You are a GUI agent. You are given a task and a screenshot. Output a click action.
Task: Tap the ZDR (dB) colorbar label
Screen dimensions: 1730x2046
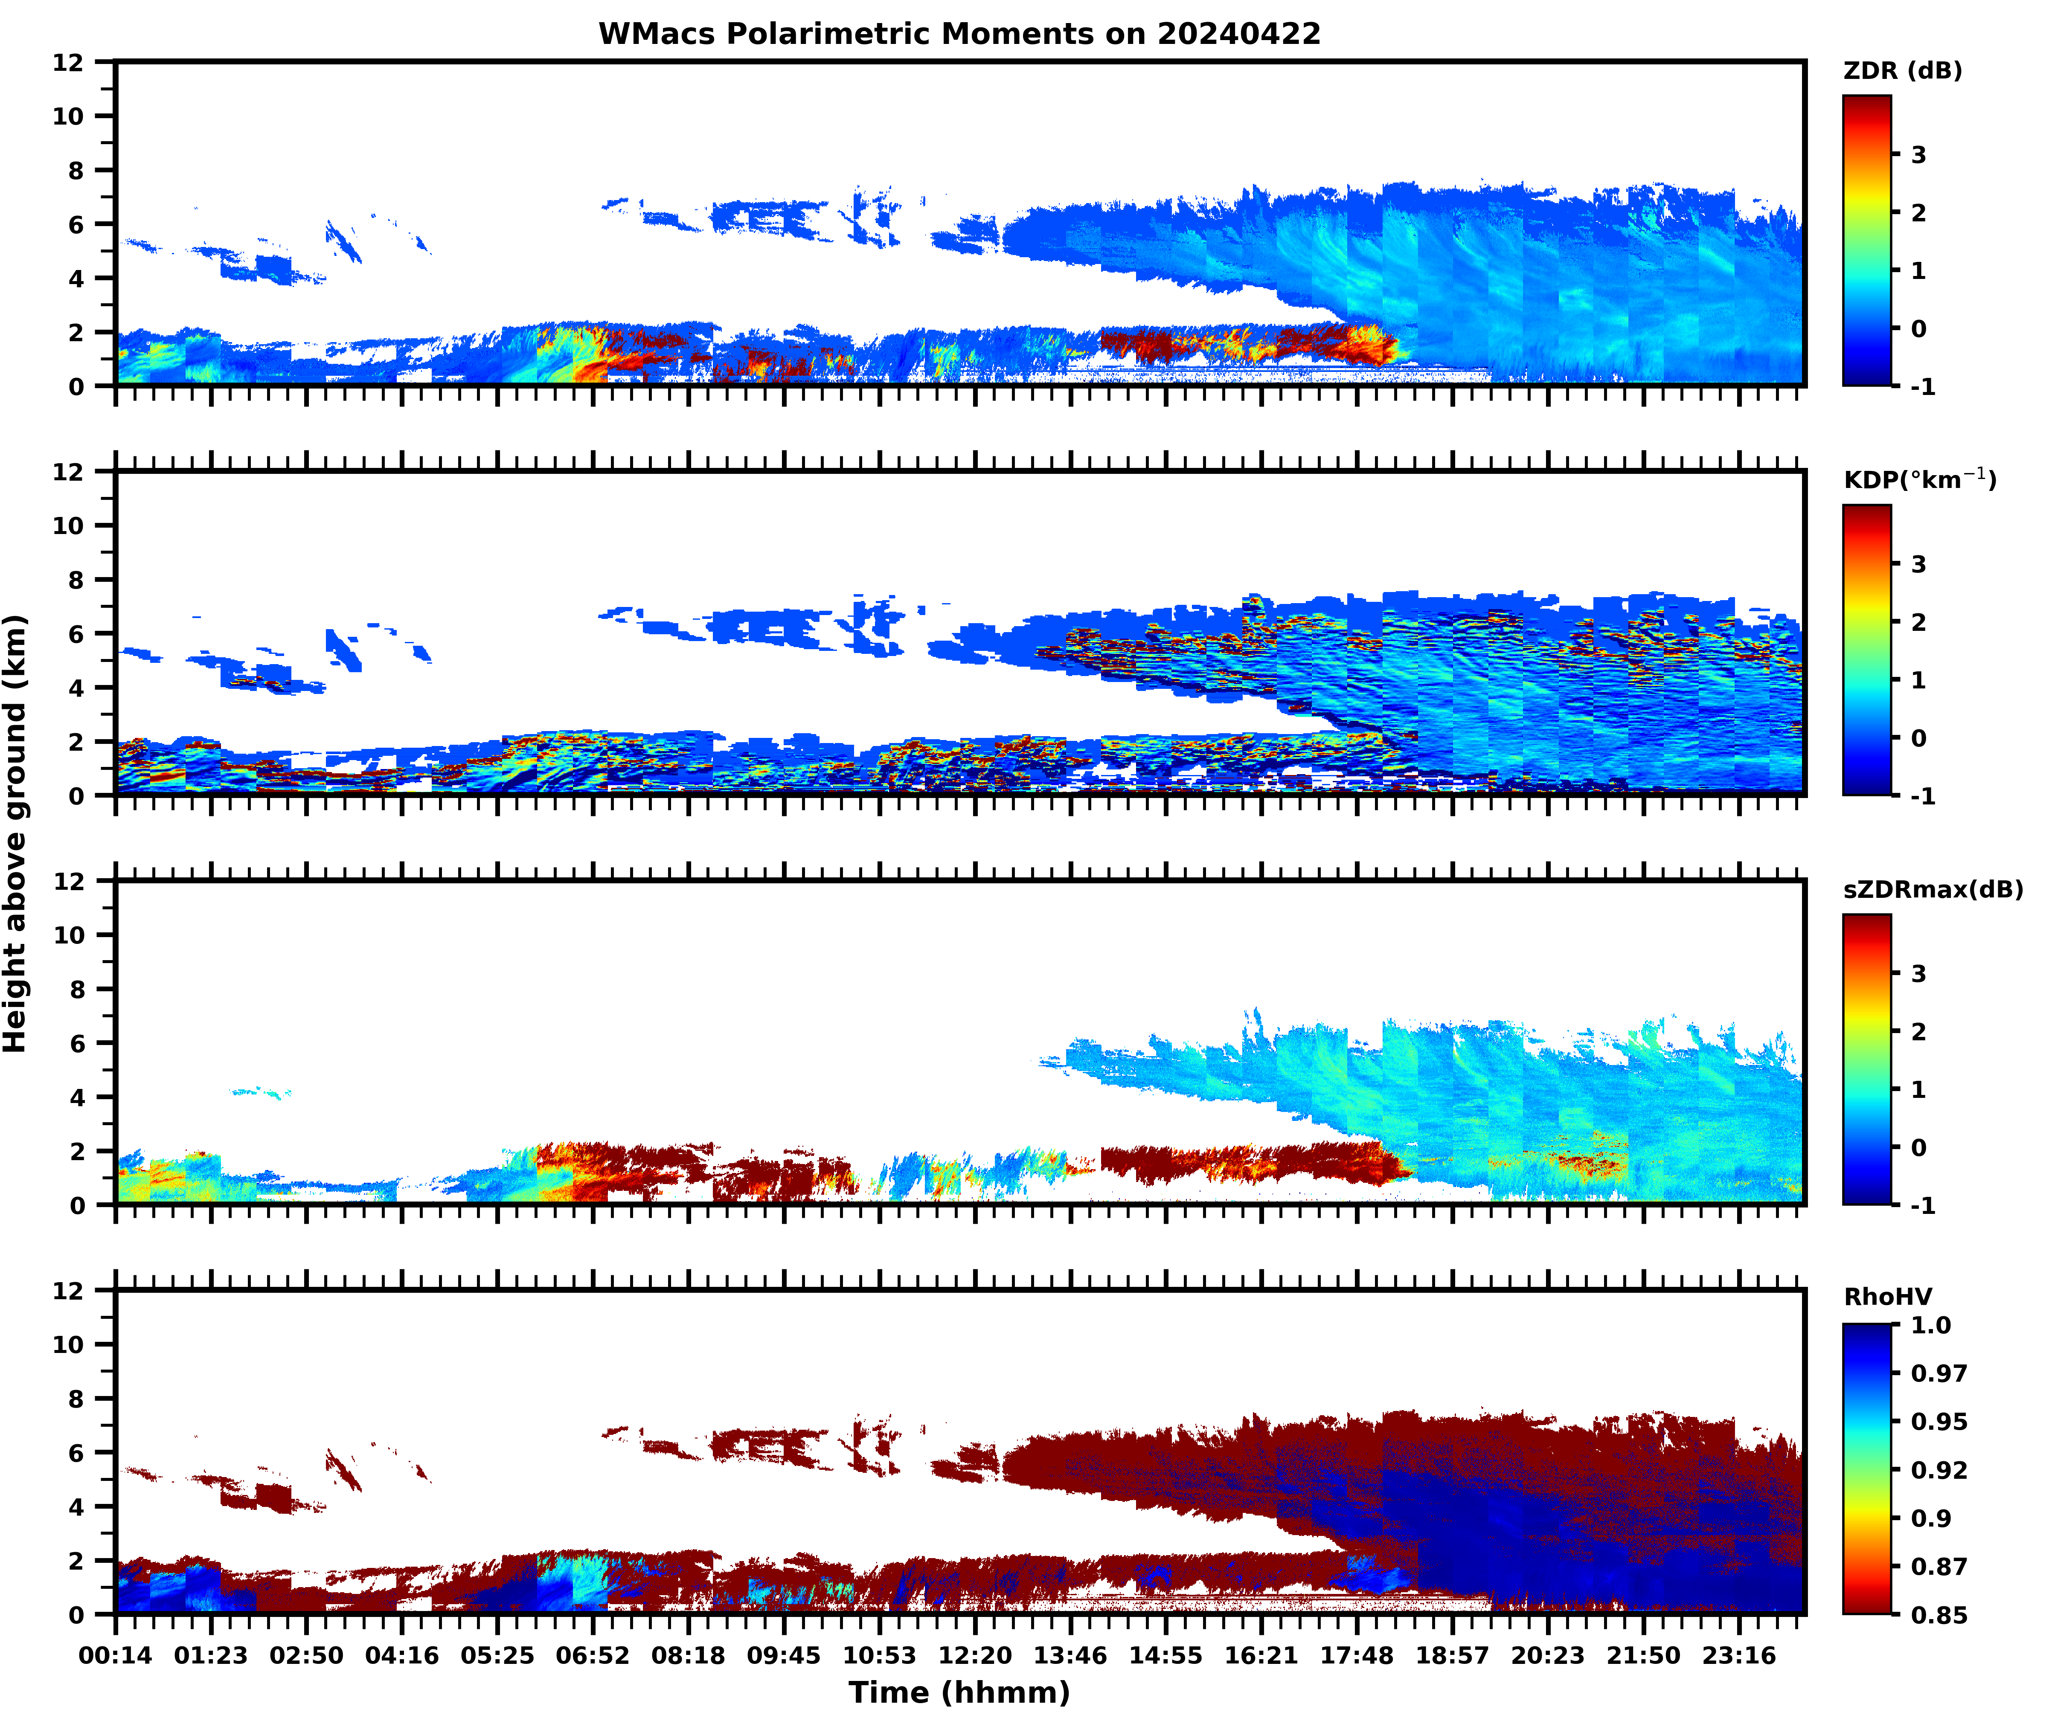[x=1902, y=71]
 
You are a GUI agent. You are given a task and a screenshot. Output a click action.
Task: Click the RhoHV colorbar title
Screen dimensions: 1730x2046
[x=1887, y=1297]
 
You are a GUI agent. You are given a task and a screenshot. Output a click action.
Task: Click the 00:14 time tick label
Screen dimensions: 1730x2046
[x=116, y=1655]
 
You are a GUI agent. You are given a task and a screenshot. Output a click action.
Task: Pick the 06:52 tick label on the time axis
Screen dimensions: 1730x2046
[x=593, y=1655]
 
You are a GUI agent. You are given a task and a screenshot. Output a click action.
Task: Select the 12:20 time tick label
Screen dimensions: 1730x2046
[x=975, y=1655]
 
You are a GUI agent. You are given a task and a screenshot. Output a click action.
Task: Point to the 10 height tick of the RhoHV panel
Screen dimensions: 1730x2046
[x=69, y=1344]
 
